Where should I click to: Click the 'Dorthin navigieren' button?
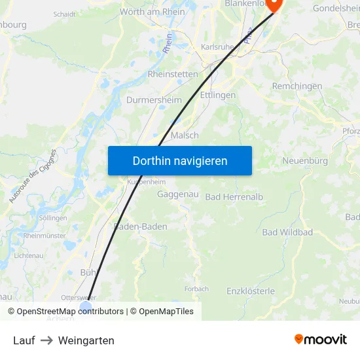tap(180, 160)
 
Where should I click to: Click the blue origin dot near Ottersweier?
tap(86, 306)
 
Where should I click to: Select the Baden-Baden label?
tap(141, 226)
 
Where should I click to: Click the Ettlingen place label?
tap(218, 95)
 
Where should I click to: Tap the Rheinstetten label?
tap(173, 74)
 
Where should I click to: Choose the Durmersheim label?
tap(154, 101)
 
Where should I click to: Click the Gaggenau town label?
tap(177, 194)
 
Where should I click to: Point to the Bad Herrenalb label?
tap(234, 197)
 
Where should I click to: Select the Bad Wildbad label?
tap(287, 232)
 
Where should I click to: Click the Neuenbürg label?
tap(304, 161)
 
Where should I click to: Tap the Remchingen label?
tap(297, 86)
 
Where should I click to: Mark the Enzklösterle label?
tap(251, 291)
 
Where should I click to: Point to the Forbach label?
tap(196, 289)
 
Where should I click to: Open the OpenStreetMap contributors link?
tap(65, 312)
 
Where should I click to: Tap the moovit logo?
tap(321, 339)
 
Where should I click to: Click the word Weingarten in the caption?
tap(86, 340)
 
